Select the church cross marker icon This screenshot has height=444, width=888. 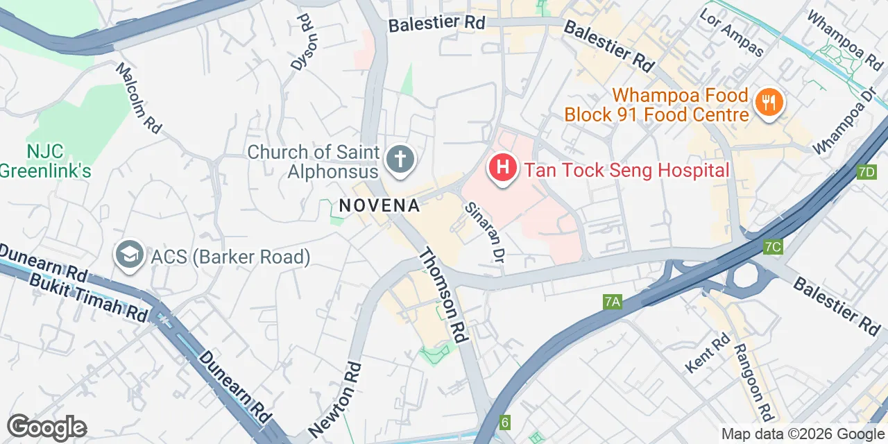click(x=400, y=160)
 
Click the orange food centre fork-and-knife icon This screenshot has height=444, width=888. click(x=768, y=103)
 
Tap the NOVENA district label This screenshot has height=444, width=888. click(x=379, y=205)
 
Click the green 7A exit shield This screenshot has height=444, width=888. click(x=611, y=301)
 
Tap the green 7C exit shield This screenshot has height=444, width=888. click(x=772, y=246)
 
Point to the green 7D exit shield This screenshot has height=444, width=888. click(x=866, y=172)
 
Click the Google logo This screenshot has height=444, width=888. click(x=46, y=427)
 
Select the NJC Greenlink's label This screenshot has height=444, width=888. click(x=46, y=161)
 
